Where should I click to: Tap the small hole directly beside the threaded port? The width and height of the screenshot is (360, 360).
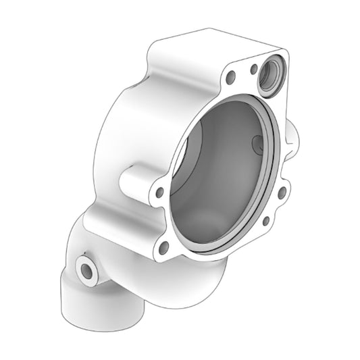tap(253, 69)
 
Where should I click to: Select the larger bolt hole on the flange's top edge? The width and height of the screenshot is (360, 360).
tap(231, 77)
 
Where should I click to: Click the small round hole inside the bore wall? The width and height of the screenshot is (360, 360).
tap(255, 143)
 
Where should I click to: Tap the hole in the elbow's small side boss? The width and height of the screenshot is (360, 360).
tap(86, 270)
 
